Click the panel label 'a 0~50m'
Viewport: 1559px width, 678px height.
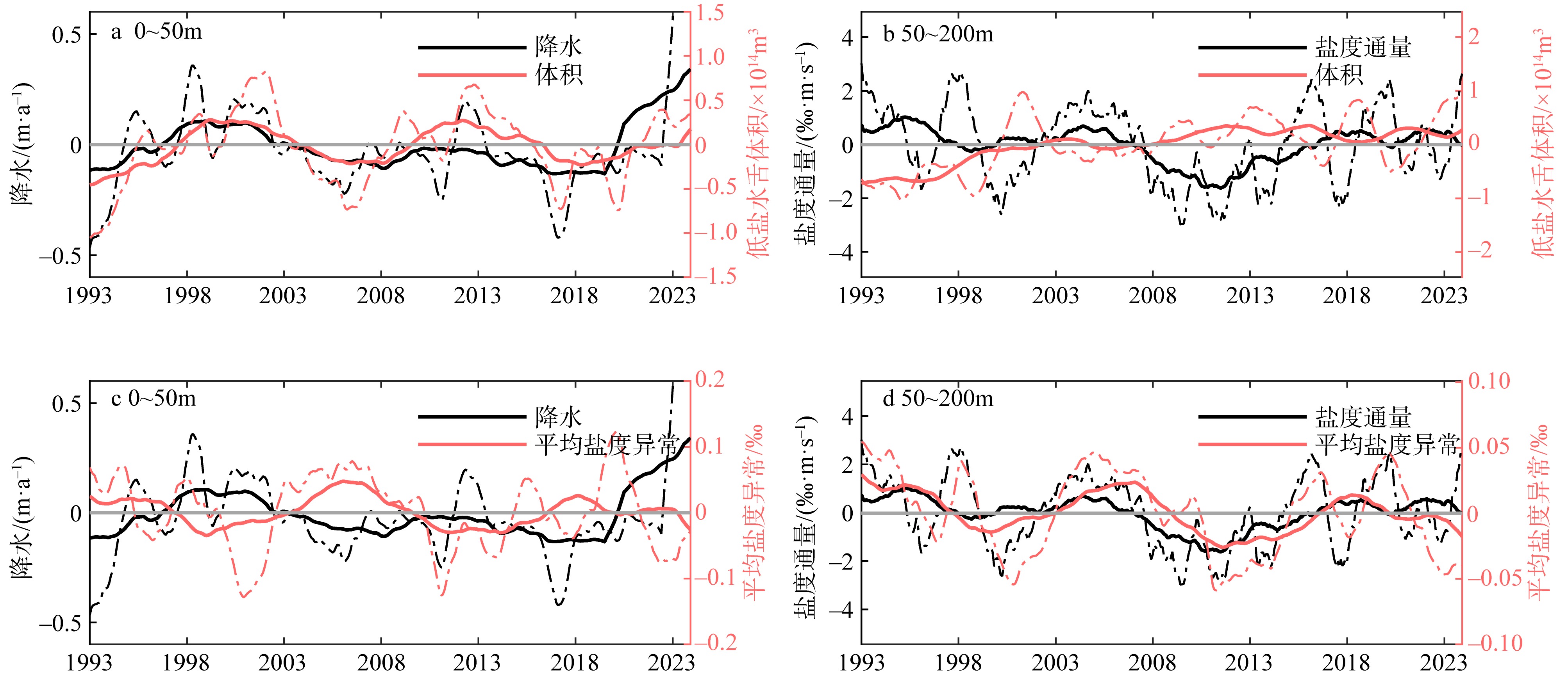pos(156,32)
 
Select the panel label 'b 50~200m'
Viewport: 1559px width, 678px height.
pos(938,34)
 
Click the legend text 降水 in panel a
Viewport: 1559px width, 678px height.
pos(558,46)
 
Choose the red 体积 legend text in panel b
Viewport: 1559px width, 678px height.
pos(1339,75)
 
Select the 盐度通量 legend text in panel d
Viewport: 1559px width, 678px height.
pos(1363,417)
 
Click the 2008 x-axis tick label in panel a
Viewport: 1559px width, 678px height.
pos(381,296)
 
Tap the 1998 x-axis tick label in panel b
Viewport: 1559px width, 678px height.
pos(958,296)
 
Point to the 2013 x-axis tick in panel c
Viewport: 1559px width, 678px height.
pos(477,662)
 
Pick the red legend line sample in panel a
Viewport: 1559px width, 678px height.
pos(472,75)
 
